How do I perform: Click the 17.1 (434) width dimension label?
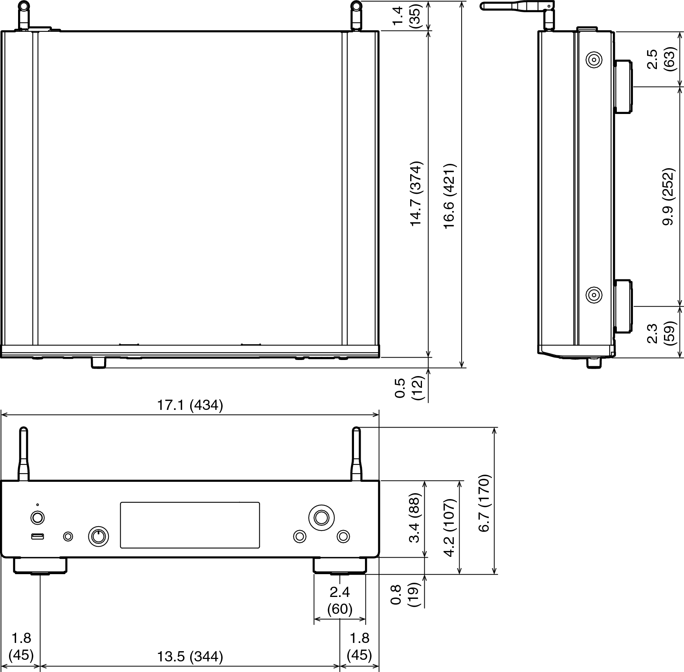point(190,405)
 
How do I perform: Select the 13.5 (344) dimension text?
point(190,657)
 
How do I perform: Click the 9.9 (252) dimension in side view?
point(668,196)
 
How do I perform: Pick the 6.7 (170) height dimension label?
point(484,503)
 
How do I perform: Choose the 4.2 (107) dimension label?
point(450,528)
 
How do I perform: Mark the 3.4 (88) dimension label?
point(415,518)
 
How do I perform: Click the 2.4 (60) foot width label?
point(340,600)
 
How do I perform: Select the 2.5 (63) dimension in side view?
point(660,59)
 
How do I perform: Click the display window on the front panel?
point(190,525)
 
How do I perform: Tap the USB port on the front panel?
point(37,536)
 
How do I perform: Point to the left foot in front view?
point(40,566)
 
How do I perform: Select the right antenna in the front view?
point(356,454)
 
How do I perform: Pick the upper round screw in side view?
point(594,60)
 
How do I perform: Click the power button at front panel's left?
point(37,518)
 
